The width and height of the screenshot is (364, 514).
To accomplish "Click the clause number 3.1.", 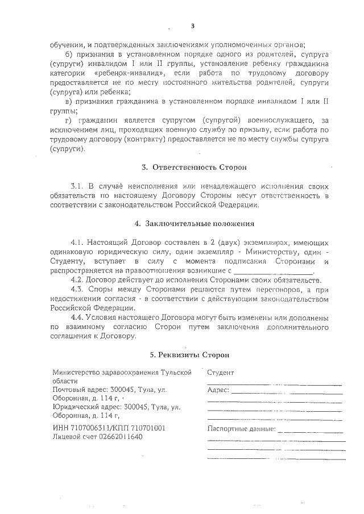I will [78, 186].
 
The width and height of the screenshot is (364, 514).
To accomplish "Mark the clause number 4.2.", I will [78, 280].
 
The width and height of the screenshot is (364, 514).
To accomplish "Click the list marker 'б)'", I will [71, 53].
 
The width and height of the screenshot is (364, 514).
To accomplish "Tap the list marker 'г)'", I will [70, 121].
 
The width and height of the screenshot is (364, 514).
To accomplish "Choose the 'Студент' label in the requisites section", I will [221, 373].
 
